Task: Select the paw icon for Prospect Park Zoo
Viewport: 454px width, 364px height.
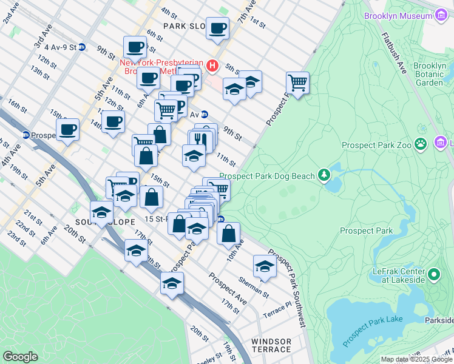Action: pos(421,144)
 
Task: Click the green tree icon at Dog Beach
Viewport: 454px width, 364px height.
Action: pos(324,175)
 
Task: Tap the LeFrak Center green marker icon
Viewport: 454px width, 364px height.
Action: pos(433,275)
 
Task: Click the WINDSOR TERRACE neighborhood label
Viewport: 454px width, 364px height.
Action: pos(271,345)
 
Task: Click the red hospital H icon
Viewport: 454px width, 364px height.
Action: pos(212,66)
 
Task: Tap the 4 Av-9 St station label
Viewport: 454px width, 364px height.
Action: pos(58,47)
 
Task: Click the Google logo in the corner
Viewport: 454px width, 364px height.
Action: pos(20,357)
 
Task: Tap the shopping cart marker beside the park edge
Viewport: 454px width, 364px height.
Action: pos(297,82)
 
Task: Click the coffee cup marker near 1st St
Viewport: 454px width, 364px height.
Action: pos(217,27)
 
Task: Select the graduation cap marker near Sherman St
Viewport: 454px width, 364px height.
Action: pos(265,266)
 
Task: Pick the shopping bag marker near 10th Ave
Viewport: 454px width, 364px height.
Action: pos(228,234)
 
